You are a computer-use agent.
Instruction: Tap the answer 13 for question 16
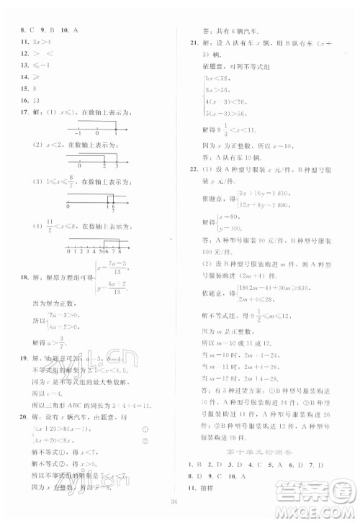click(37, 101)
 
